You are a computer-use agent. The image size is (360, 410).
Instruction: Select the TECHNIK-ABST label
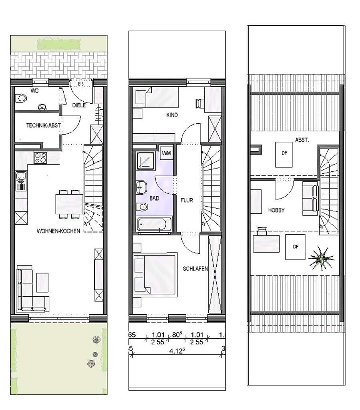click(x=44, y=125)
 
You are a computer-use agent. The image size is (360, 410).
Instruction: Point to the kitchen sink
click(x=20, y=177)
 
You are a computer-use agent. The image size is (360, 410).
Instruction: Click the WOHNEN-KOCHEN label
click(x=58, y=231)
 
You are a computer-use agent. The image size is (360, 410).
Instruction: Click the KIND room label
click(x=172, y=115)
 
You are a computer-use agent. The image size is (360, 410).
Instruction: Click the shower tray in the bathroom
click(x=144, y=161)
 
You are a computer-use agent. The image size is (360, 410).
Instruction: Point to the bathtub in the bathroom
click(x=154, y=224)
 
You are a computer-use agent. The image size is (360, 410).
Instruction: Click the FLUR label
click(x=187, y=200)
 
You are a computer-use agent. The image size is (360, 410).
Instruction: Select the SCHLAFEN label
click(x=195, y=269)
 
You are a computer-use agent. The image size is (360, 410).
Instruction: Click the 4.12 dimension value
click(x=177, y=351)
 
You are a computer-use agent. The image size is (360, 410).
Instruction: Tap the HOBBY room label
click(x=276, y=210)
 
